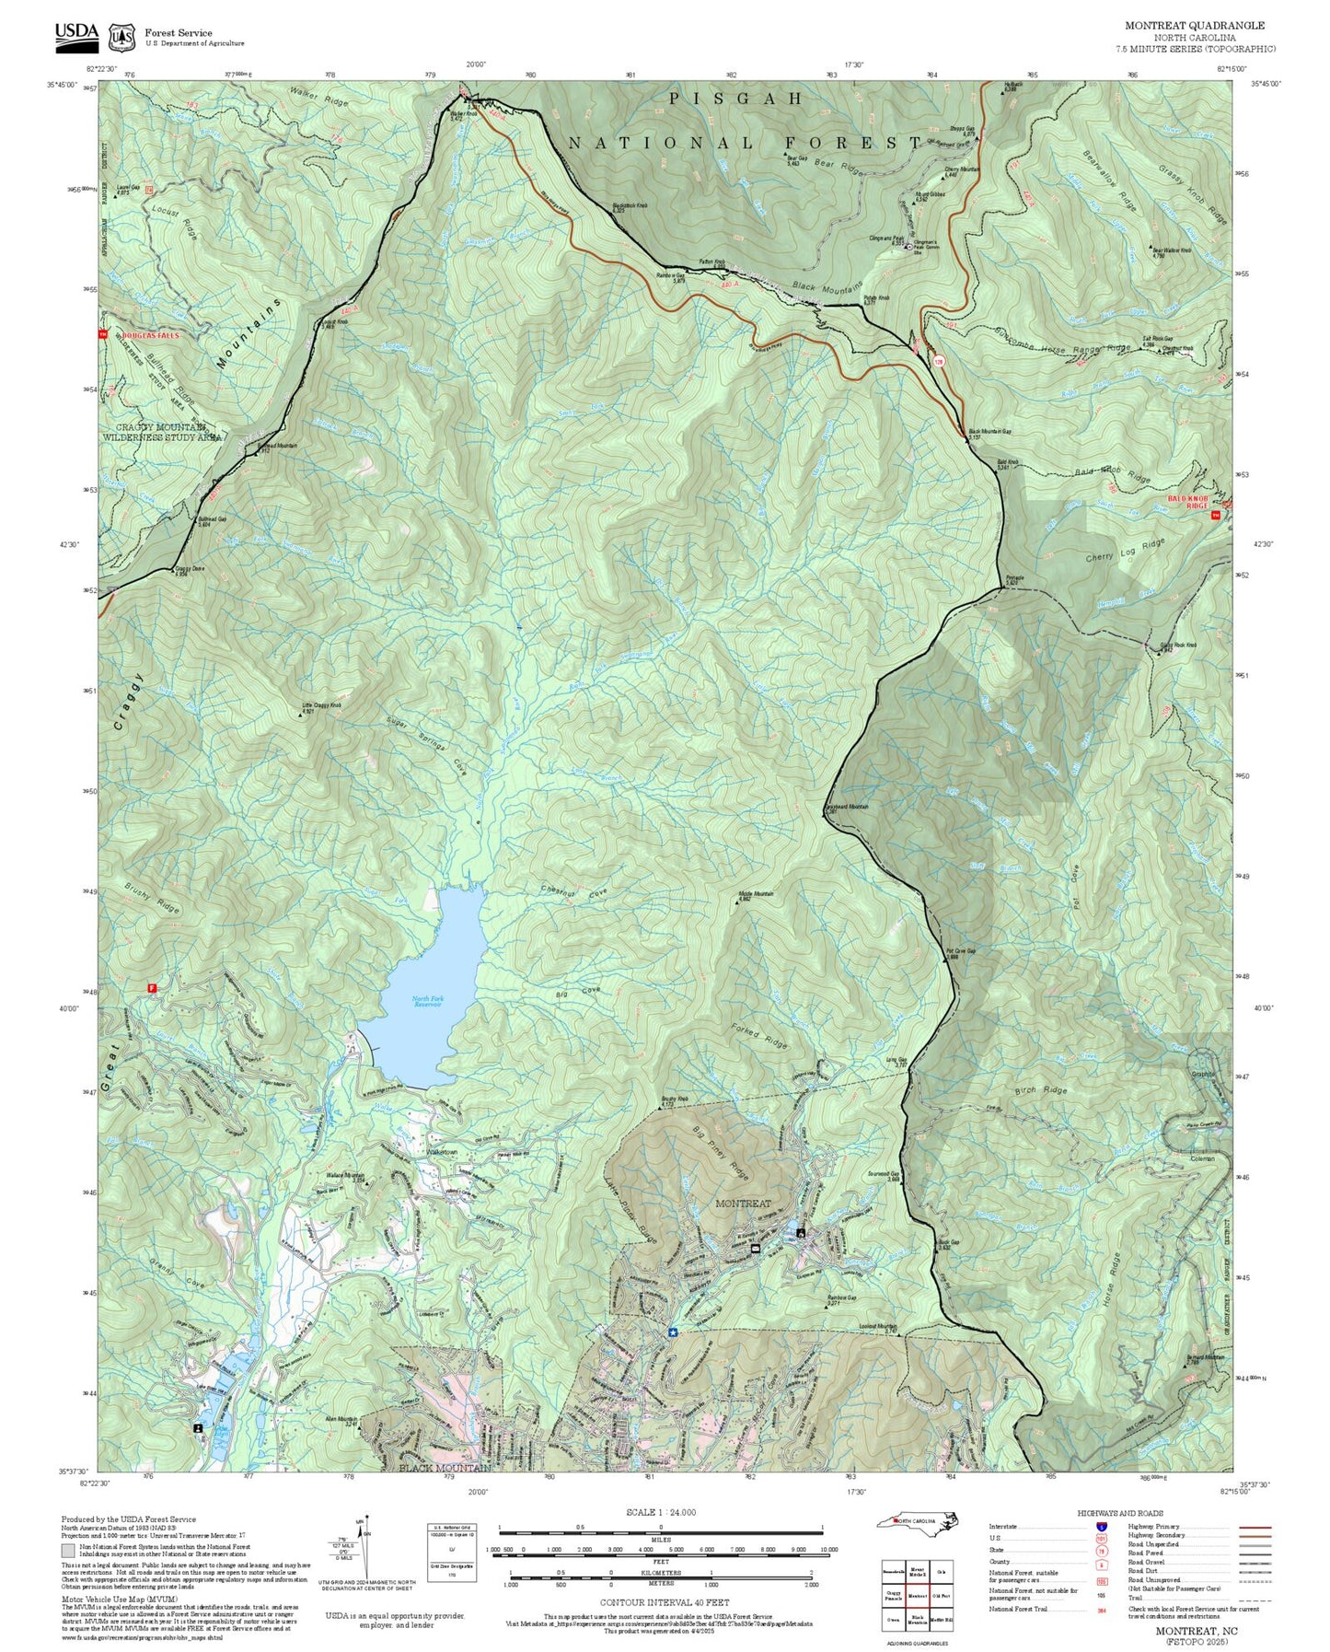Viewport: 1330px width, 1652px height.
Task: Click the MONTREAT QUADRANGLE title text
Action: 1194,26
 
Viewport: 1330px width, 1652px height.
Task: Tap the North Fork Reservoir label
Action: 426,1002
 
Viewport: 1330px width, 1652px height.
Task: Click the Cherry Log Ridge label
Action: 1125,552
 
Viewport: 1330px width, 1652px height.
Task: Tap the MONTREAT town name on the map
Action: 743,1204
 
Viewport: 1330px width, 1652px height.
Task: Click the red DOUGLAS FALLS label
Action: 152,335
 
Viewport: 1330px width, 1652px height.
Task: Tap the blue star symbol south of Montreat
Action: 673,1332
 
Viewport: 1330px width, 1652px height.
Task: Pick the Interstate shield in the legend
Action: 1100,1527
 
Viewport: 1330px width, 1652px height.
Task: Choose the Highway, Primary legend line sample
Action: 1255,1527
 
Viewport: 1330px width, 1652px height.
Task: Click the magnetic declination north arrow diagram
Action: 365,1547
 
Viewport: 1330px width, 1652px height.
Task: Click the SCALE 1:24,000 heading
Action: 660,1512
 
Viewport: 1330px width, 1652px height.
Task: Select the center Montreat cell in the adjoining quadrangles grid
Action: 917,1596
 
